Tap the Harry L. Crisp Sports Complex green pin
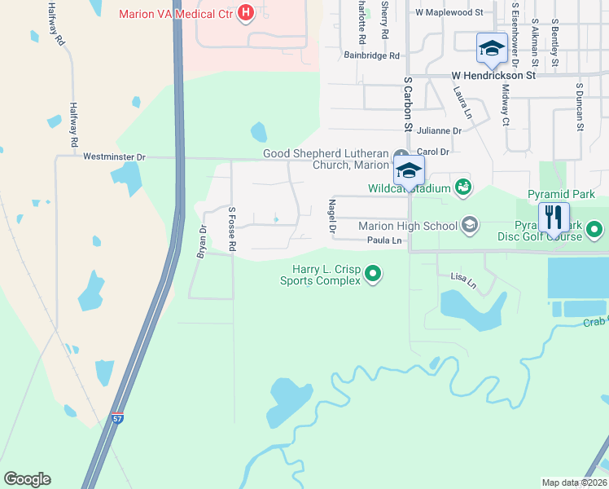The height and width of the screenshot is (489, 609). pos(373,273)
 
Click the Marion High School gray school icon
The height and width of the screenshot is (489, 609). pos(469,224)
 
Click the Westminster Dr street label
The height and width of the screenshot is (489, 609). pos(114,156)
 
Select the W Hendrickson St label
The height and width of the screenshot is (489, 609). pos(493,75)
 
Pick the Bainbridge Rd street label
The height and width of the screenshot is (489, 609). pos(371,55)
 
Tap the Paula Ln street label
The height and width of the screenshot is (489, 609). pos(384,240)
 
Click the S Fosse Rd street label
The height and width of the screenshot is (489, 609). pos(232,228)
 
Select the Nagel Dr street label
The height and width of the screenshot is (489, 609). pos(332,217)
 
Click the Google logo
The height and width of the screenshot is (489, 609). pos(27,479)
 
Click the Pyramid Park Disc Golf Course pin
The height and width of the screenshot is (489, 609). pos(595,231)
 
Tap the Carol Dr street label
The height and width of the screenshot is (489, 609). pos(433,152)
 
